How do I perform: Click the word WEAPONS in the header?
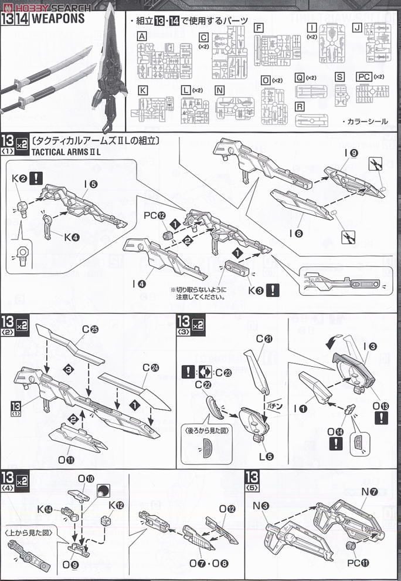coord(58,18)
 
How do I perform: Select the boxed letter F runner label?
coord(259,28)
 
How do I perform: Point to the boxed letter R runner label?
coord(300,107)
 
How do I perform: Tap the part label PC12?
coord(153,215)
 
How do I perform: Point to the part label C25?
coord(90,329)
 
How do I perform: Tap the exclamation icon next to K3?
coord(272,289)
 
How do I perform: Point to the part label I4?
coord(138,284)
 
